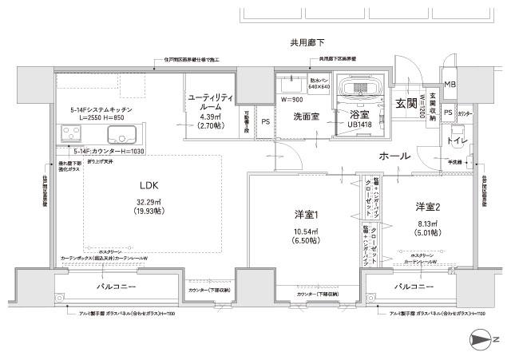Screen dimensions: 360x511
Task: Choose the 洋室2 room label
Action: pos(427,207)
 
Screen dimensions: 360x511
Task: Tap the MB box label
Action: pos(450,85)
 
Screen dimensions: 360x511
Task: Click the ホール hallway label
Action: pos(394,156)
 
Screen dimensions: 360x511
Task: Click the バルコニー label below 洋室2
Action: pos(414,286)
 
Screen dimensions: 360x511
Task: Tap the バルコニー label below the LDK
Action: pos(117,286)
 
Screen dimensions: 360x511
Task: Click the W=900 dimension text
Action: pos(291,100)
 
